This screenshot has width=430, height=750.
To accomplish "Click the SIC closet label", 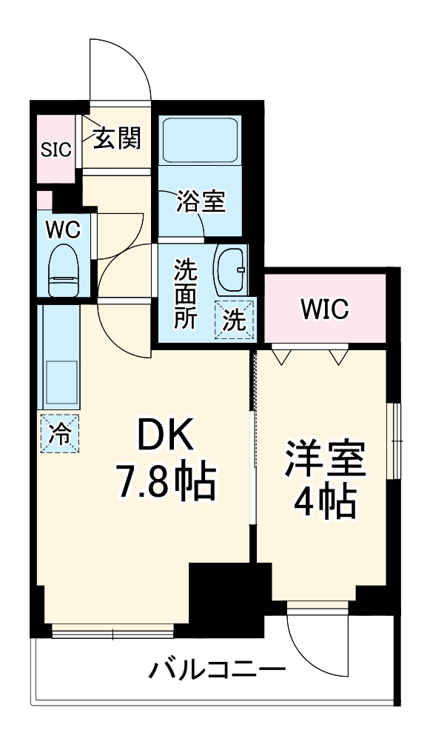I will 56,150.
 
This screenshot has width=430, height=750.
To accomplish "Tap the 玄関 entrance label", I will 116,138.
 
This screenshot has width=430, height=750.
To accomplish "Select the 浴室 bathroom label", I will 200,201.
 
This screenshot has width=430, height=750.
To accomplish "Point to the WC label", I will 63,230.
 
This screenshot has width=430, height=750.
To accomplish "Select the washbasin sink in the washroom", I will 231,271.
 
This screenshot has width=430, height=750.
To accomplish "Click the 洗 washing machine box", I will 235,319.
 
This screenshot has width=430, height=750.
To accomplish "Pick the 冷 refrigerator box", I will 59,432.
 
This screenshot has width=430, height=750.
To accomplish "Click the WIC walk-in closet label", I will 325,309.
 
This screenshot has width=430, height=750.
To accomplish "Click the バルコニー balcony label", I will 217,672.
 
